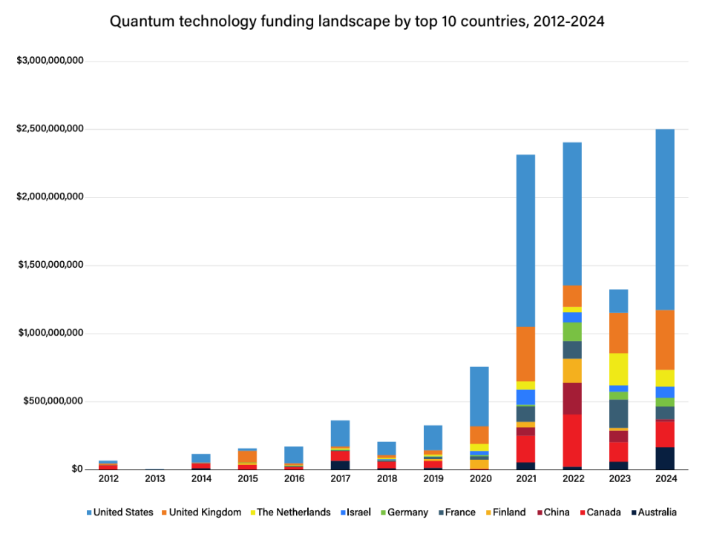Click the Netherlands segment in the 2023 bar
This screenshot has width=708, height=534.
click(619, 369)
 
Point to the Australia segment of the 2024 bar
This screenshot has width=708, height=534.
click(665, 458)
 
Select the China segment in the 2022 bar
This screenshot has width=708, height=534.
click(572, 398)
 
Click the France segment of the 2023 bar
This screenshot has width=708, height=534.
click(619, 413)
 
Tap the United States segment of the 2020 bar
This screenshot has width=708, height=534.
click(479, 396)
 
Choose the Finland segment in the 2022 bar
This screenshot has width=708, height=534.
click(572, 370)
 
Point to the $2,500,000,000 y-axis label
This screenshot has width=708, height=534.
click(50, 129)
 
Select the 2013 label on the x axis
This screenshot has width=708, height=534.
click(155, 479)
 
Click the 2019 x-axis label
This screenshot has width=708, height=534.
click(433, 479)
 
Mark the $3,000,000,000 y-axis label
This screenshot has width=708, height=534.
click(50, 60)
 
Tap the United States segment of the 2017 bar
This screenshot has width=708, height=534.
click(340, 432)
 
